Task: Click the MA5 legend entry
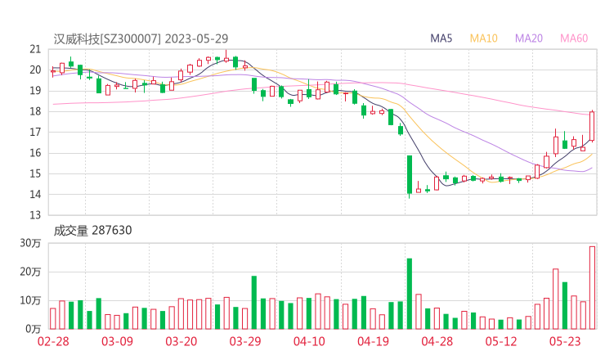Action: pyautogui.click(x=441, y=38)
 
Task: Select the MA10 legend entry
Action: pyautogui.click(x=484, y=38)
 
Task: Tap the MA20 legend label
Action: pyautogui.click(x=529, y=38)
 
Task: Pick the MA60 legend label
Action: pyautogui.click(x=574, y=38)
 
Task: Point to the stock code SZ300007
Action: pyautogui.click(x=131, y=38)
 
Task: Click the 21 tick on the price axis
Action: pyautogui.click(x=35, y=49)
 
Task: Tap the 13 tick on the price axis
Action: pyautogui.click(x=35, y=215)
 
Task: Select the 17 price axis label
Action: pyautogui.click(x=35, y=133)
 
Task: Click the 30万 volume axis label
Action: pyautogui.click(x=31, y=244)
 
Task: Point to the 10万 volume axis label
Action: pyautogui.click(x=31, y=300)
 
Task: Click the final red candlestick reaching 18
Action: pyautogui.click(x=592, y=126)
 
